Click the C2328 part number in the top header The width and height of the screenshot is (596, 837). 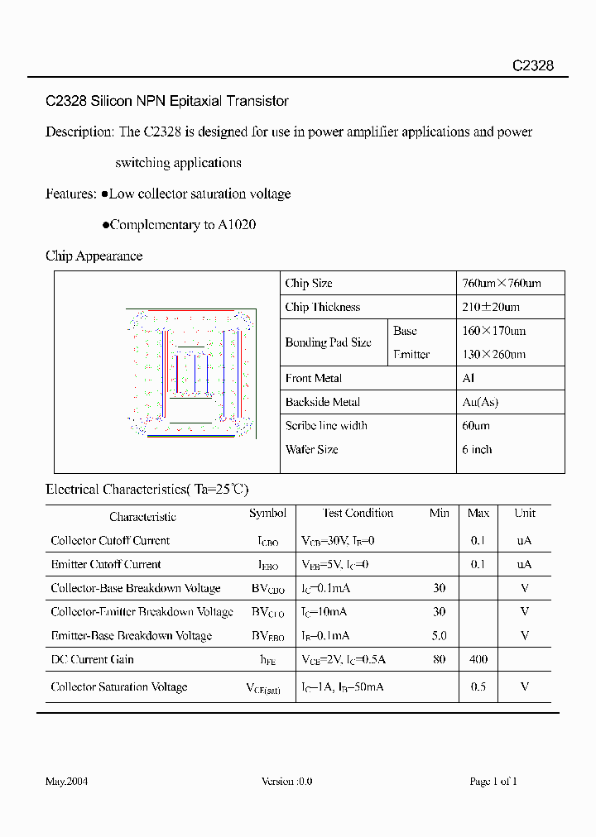coord(532,66)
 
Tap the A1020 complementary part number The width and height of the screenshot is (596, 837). coord(237,224)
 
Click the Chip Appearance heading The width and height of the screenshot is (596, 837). coord(94,256)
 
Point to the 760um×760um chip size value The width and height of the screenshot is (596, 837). coord(501,283)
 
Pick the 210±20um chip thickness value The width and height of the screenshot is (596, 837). coord(491,307)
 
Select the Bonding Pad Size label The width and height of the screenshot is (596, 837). coord(328,342)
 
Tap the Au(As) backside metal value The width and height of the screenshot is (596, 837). coord(480,402)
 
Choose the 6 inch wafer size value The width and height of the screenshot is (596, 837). coord(477,449)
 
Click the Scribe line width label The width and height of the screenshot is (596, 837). coord(326,425)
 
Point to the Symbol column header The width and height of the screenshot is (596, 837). coord(267,513)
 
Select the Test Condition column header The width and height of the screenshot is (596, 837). coord(358,513)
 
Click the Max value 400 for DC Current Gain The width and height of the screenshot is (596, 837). coord(478,659)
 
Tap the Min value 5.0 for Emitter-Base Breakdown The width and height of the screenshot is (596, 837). coord(439,635)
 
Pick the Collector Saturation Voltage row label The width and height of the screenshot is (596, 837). coord(119,686)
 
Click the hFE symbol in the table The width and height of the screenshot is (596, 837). coord(267,660)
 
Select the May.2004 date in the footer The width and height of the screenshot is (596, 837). coord(66,781)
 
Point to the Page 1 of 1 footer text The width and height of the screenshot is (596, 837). coord(493,781)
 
